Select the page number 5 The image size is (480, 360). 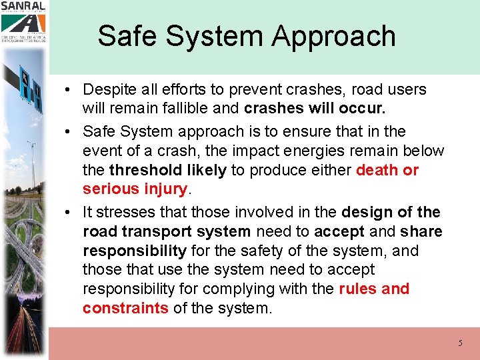[x=460, y=343]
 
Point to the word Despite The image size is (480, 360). [x=109, y=90]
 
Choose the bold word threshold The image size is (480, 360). [x=139, y=170]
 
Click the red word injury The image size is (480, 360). [x=165, y=189]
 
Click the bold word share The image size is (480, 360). [x=421, y=231]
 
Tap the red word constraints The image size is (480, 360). [x=125, y=308]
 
